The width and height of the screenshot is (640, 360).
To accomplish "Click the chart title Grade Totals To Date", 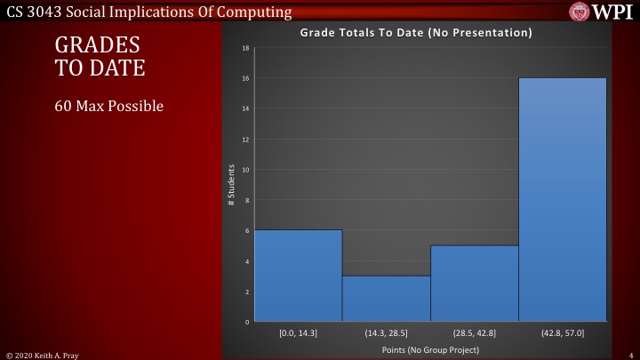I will [x=416, y=33].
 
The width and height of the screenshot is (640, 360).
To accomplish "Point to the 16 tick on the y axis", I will [x=244, y=78].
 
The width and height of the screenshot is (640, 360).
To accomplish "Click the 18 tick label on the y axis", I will [x=244, y=48].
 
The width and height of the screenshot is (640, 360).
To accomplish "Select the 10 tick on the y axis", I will [x=244, y=170].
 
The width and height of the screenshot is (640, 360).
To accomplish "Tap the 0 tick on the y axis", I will [x=246, y=322].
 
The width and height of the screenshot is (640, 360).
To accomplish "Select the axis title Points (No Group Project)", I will [x=430, y=350].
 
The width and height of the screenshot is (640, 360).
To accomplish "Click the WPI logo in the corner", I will [x=603, y=12].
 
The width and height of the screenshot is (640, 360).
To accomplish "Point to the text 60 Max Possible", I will [x=109, y=107].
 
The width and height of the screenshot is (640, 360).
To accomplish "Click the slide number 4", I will [x=629, y=354].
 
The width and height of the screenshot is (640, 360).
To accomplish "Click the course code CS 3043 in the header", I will [x=32, y=12].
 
